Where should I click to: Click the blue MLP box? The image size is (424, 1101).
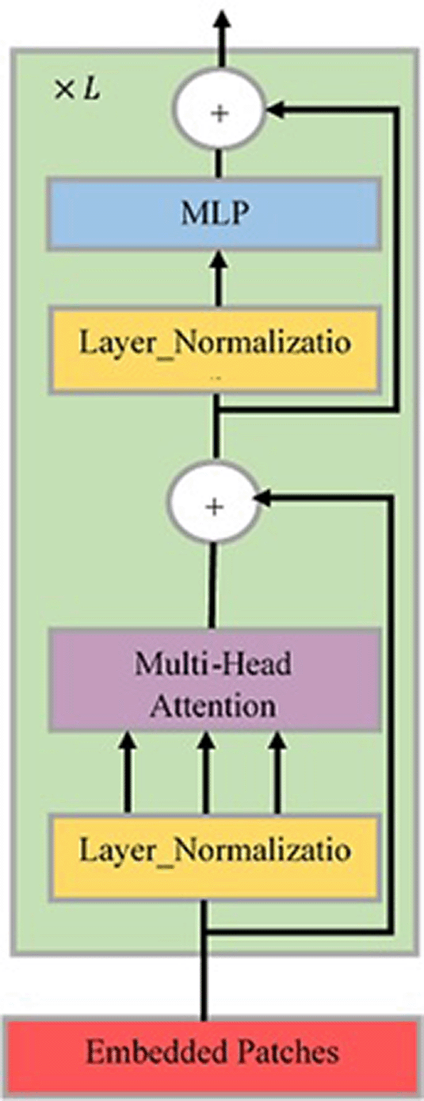pyautogui.click(x=214, y=213)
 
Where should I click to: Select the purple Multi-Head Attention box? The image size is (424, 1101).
pyautogui.click(x=215, y=680)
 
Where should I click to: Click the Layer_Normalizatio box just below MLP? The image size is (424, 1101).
pyautogui.click(x=215, y=351)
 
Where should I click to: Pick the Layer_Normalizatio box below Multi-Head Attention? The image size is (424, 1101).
pyautogui.click(x=214, y=857)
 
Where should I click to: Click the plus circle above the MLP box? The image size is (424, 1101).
pyautogui.click(x=219, y=113)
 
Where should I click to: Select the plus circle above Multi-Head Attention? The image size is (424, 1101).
pyautogui.click(x=213, y=506)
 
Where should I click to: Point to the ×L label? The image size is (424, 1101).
pyautogui.click(x=77, y=90)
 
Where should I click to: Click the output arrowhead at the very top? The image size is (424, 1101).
pyautogui.click(x=223, y=19)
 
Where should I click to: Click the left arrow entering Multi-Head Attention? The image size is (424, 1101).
pyautogui.click(x=128, y=773)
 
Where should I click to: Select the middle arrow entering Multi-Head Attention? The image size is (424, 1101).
pyautogui.click(x=206, y=773)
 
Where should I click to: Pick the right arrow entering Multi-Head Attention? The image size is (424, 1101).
pyautogui.click(x=277, y=773)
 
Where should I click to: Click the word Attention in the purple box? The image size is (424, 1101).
pyautogui.click(x=212, y=706)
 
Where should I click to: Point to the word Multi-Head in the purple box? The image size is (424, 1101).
pyautogui.click(x=213, y=664)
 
